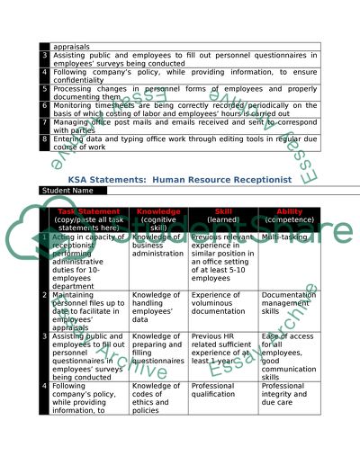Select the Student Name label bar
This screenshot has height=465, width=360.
pyautogui.click(x=68, y=192)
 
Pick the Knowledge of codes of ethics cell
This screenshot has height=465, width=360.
pyautogui.click(x=156, y=398)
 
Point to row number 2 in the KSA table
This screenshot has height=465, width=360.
pyautogui.click(x=44, y=295)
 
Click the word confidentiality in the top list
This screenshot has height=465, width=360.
pyautogui.click(x=81, y=80)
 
